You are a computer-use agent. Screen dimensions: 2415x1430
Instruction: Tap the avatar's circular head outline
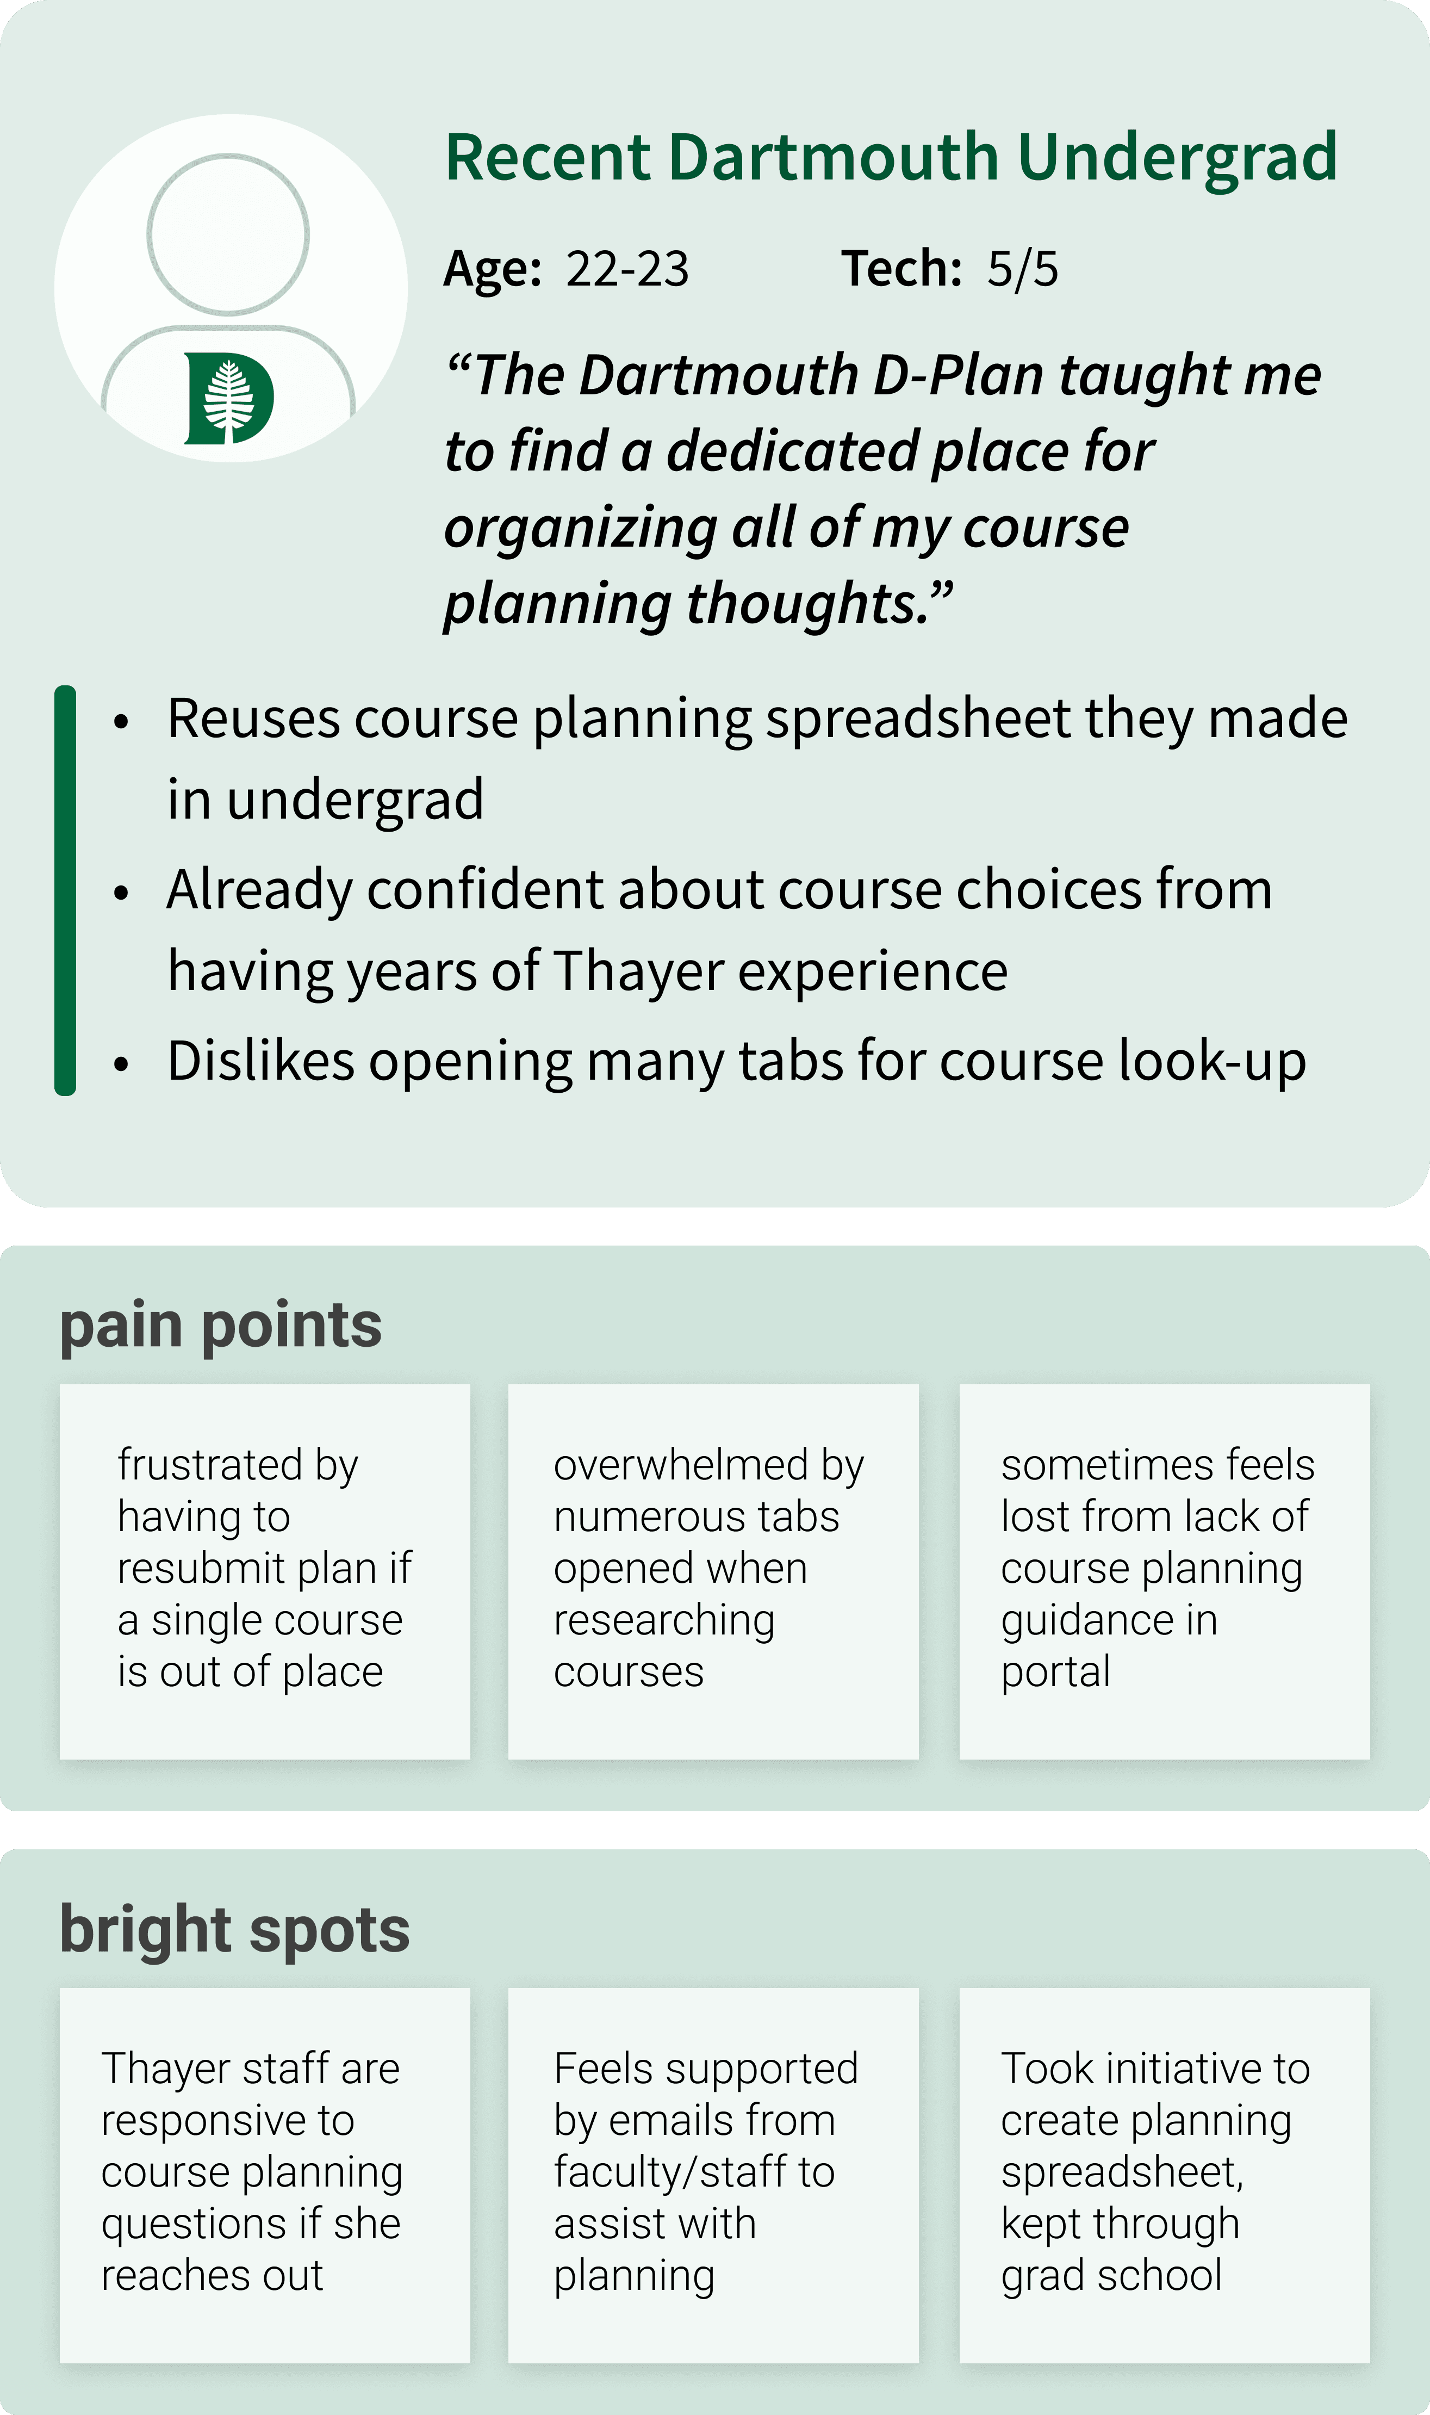point(228,234)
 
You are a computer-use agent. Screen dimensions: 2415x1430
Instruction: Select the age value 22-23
point(627,269)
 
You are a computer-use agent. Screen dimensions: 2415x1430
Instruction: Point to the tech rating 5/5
point(1022,269)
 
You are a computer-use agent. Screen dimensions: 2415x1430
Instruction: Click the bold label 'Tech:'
point(901,269)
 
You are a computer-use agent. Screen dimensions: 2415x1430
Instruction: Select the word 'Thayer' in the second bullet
point(637,970)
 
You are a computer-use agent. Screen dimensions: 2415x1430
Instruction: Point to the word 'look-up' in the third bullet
point(1212,1061)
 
